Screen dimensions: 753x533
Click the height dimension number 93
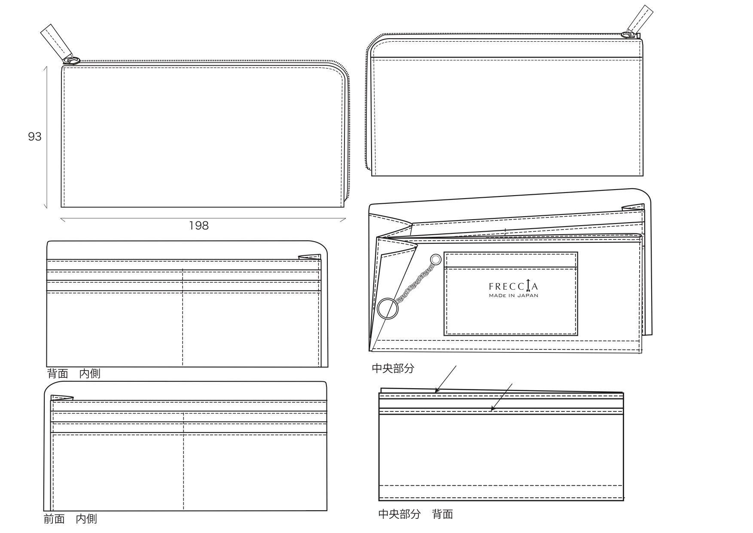coord(34,137)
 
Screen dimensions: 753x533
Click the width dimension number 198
coord(199,225)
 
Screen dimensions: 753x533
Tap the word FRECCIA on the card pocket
coord(513,286)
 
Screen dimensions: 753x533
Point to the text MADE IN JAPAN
coord(513,296)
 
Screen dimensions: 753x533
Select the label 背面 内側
coord(73,374)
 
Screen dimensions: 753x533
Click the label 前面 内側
coord(70,519)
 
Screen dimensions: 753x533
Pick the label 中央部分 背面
coord(415,514)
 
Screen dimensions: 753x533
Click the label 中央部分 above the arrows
coord(393,368)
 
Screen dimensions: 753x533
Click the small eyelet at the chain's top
coord(436,259)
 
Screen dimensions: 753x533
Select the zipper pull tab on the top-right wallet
coord(642,18)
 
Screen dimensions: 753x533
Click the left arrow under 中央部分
coord(445,379)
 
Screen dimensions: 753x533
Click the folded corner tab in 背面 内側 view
coord(310,257)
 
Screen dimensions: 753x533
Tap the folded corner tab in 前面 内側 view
coord(62,398)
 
